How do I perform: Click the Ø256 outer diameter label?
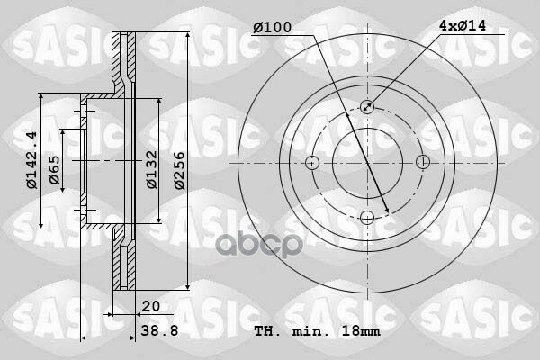[x=180, y=170]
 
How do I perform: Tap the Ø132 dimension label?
[x=152, y=169]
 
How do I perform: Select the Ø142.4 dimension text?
[x=31, y=160]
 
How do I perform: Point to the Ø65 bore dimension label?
[x=54, y=170]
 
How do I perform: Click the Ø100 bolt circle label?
[x=273, y=27]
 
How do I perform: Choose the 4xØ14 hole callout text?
[x=463, y=25]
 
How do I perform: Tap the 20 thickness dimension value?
[x=151, y=306]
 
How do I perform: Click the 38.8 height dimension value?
[x=160, y=330]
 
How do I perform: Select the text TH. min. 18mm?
[x=317, y=331]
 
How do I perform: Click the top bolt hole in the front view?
[x=367, y=107]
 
